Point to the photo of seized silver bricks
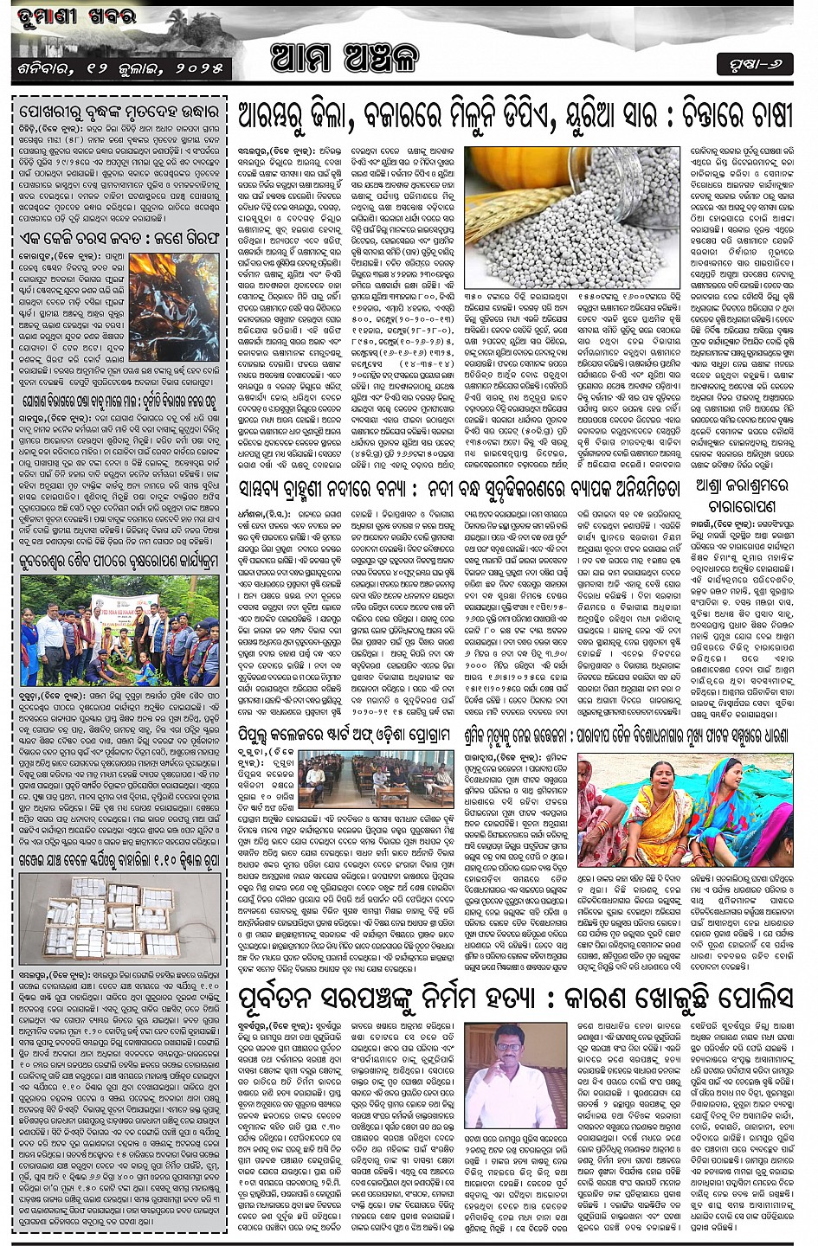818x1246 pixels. (x=119, y=916)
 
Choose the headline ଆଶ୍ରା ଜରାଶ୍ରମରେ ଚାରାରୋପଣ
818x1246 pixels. (x=736, y=497)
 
